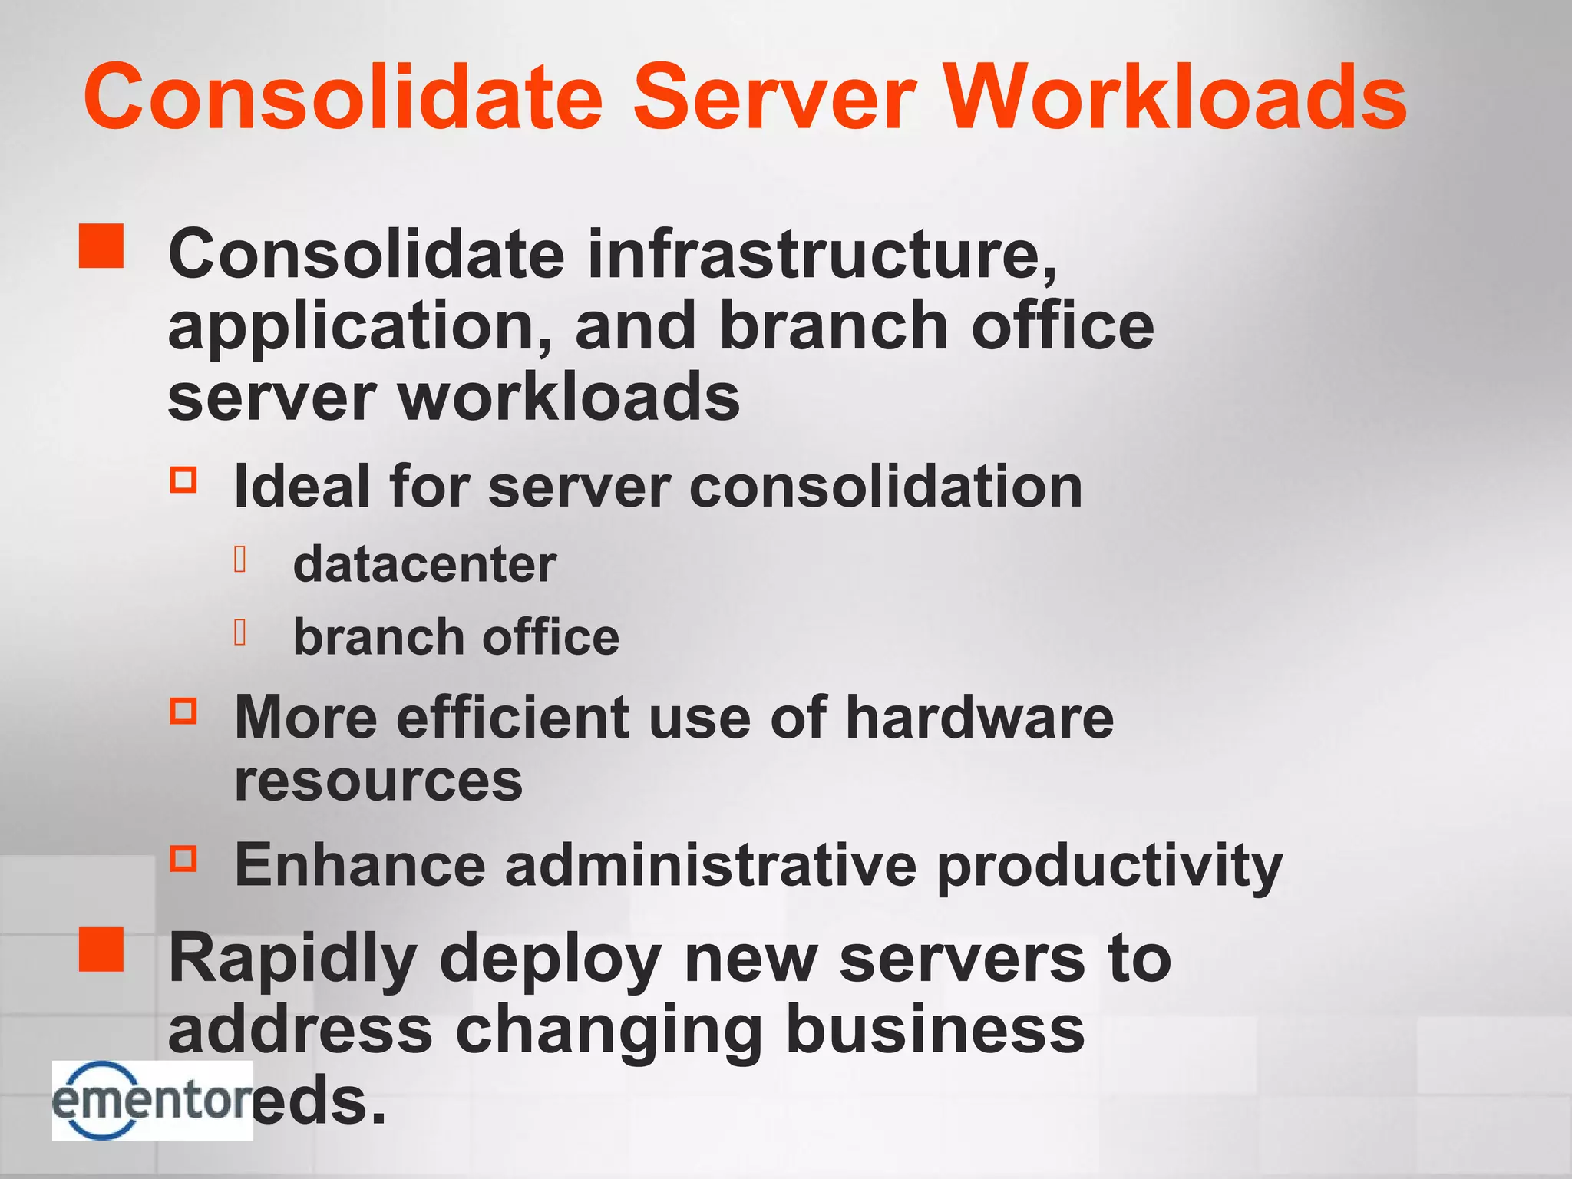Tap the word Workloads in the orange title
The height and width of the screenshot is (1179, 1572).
(x=1174, y=97)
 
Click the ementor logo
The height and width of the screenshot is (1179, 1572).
(x=152, y=1100)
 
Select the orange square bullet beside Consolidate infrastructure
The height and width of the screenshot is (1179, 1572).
(x=101, y=246)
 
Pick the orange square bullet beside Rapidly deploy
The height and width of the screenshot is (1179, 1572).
(x=101, y=949)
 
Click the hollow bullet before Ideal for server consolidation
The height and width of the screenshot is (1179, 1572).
(x=183, y=480)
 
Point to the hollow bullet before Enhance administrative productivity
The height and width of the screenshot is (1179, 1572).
(x=183, y=857)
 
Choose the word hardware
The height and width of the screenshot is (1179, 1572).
(x=979, y=717)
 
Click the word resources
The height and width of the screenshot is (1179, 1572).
(x=378, y=782)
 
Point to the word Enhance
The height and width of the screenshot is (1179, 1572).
(x=360, y=865)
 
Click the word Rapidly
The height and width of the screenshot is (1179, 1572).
(x=292, y=959)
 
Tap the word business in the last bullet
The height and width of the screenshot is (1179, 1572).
(x=935, y=1030)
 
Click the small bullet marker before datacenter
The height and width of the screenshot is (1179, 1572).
(x=240, y=560)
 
